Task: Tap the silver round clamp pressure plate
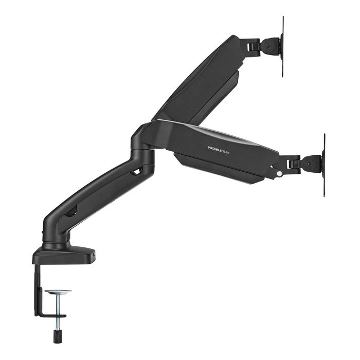pos(58,292)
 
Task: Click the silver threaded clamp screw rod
pos(58,309)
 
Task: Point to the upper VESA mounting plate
pos(282,46)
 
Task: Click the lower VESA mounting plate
pos(324,165)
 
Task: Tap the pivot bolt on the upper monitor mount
pos(269,46)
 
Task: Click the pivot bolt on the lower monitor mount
pos(309,164)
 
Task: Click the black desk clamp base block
pos(64,256)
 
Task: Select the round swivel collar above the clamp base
pos(57,242)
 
